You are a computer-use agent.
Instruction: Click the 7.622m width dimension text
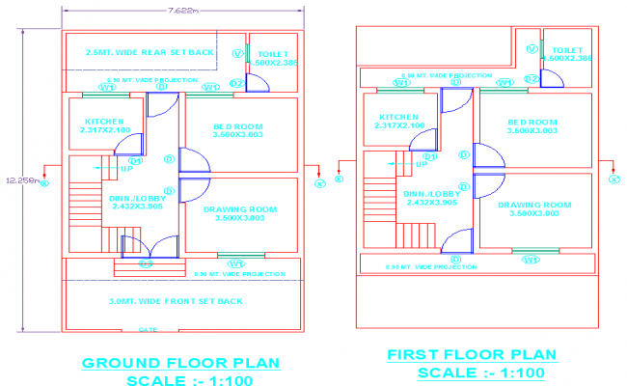click(x=182, y=11)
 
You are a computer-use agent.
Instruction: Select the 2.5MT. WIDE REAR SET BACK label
click(x=150, y=52)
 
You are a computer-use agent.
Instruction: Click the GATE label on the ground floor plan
click(x=149, y=329)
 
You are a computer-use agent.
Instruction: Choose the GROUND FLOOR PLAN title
click(x=180, y=363)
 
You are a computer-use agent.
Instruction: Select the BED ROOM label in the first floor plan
click(x=532, y=122)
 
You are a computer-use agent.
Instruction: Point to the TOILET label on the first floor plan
click(x=568, y=48)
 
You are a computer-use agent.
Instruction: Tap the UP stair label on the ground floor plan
click(x=125, y=169)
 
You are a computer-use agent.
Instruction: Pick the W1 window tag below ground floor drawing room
click(x=232, y=261)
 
